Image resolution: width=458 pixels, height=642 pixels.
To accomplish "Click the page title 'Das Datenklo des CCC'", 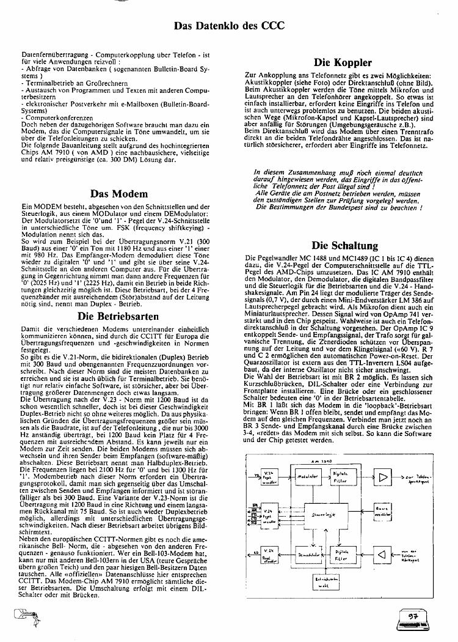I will click(229, 26).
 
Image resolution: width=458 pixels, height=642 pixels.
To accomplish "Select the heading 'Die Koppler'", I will click(343, 62).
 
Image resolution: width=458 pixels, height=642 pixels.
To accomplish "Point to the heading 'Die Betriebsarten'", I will click(118, 300).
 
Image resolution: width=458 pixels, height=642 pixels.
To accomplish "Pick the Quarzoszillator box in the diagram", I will click(382, 512).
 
